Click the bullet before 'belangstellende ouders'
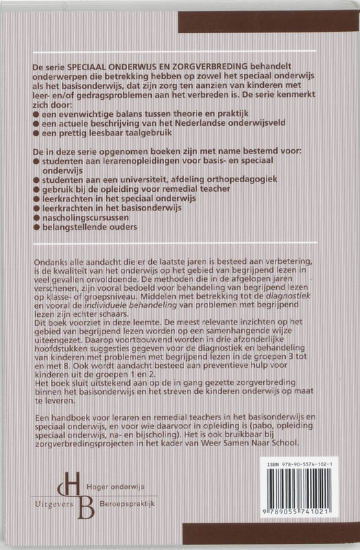[36, 226]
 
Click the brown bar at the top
[268, 21]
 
